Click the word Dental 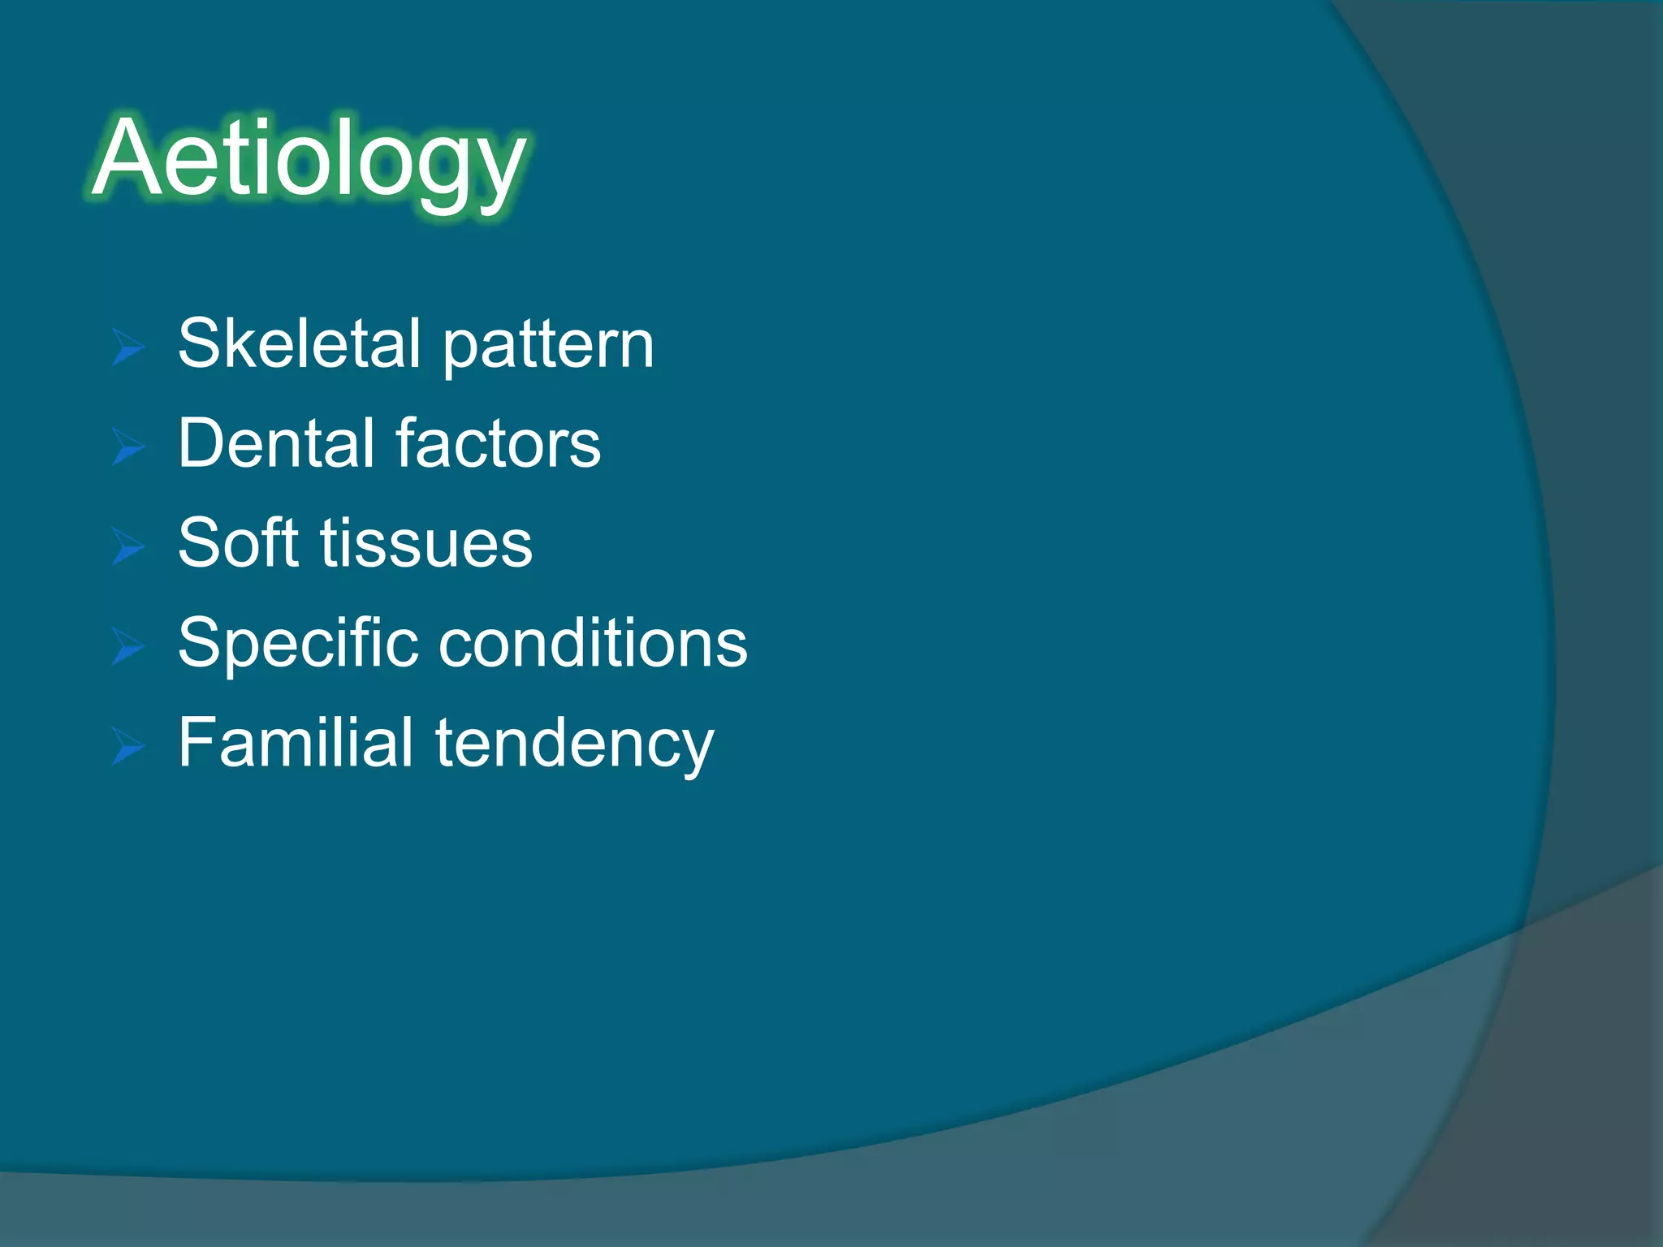[276, 443]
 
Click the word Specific [297, 644]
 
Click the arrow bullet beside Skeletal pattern [128, 348]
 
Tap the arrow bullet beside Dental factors [128, 447]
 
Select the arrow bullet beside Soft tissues [128, 546]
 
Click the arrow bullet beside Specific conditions [128, 646]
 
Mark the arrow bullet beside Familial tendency [128, 746]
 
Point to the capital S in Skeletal [198, 343]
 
